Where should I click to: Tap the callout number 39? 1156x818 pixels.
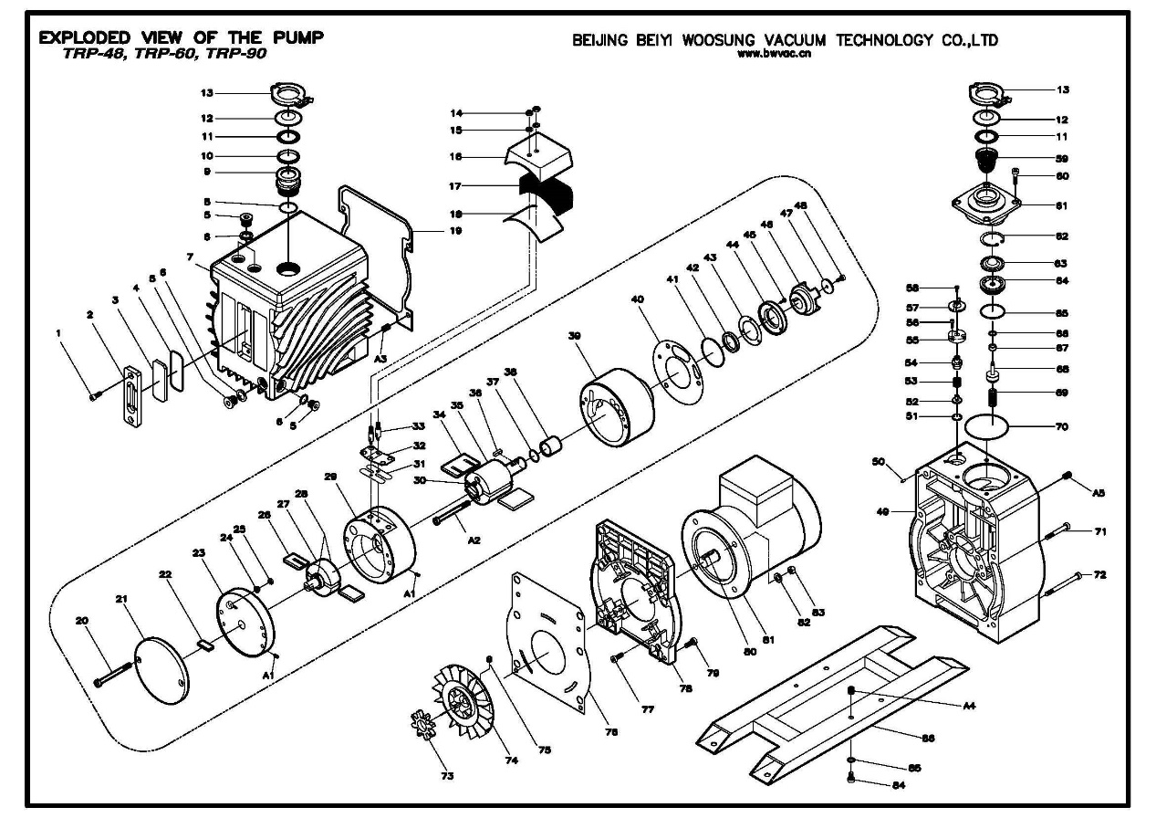click(x=574, y=336)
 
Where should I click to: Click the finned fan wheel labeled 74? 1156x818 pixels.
click(x=465, y=713)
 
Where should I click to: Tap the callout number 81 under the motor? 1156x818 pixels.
click(x=767, y=639)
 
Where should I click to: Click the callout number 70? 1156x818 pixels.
click(x=1063, y=425)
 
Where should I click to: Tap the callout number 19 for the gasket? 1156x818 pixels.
click(x=455, y=231)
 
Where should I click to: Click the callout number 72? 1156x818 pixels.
click(x=1099, y=574)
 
